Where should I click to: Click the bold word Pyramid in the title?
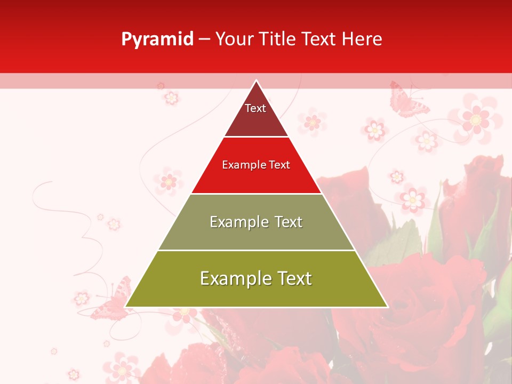(157, 39)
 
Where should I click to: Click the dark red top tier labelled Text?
(256, 115)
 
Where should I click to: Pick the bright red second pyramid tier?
(256, 173)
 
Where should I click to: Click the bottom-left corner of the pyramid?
(126, 307)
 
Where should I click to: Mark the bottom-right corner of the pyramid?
(387, 307)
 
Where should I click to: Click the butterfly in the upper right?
(408, 100)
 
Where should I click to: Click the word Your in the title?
(234, 39)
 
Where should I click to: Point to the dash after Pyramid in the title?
(204, 39)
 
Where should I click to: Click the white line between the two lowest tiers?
(256, 250)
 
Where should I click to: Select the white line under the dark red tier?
(256, 137)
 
